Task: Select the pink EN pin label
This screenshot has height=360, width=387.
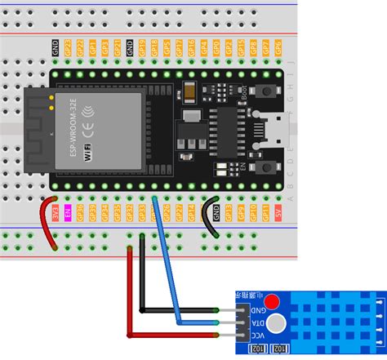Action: click(x=68, y=214)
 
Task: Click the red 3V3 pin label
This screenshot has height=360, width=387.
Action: click(x=56, y=214)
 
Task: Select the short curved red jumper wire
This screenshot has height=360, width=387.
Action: click(x=47, y=224)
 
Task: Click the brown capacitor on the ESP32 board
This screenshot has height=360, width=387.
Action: click(x=189, y=91)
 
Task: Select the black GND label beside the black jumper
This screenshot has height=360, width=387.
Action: click(x=216, y=214)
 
